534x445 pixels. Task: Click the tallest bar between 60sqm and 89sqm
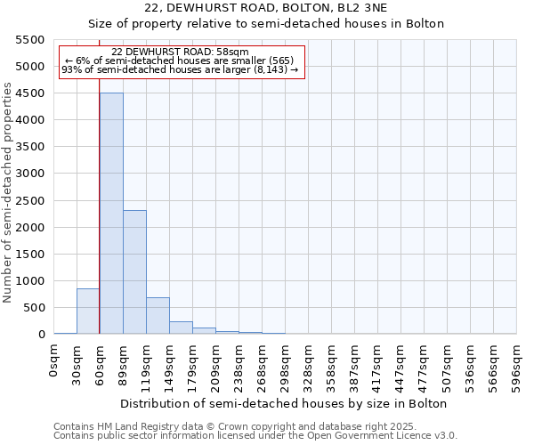111,214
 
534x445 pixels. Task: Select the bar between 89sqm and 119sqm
134,272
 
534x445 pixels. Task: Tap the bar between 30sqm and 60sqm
88,311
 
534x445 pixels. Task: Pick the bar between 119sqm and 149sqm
158,316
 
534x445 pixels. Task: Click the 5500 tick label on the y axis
30,40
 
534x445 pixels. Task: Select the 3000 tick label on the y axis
30,174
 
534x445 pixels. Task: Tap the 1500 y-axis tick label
30,255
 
